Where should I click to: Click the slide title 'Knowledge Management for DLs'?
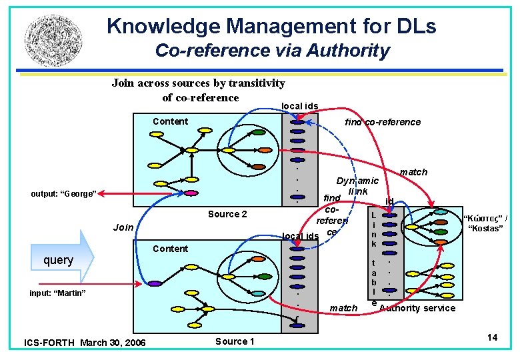(x=271, y=26)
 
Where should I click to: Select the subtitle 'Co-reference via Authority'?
(x=272, y=50)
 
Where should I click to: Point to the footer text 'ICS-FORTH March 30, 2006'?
(x=85, y=343)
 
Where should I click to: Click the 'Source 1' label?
(x=235, y=341)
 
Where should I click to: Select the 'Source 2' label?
(x=227, y=214)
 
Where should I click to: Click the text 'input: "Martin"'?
(x=58, y=293)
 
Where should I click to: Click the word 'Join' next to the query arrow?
(x=123, y=227)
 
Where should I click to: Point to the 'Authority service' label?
(x=417, y=308)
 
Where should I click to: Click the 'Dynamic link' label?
(x=357, y=186)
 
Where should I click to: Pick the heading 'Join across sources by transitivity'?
(x=199, y=83)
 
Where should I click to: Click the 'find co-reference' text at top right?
(x=383, y=122)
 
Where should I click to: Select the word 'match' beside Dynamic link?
(x=413, y=173)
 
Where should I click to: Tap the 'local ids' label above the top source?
(x=300, y=106)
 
